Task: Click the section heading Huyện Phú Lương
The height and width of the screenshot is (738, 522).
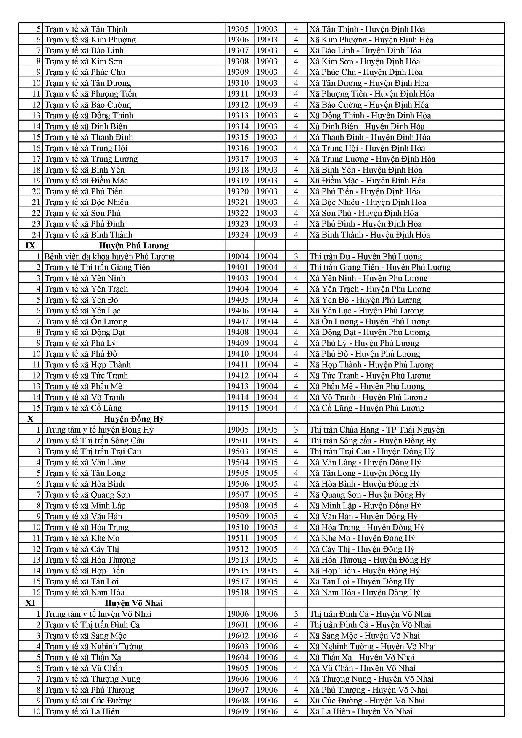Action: pos(134,246)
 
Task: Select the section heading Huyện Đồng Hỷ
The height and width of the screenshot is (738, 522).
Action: pos(134,419)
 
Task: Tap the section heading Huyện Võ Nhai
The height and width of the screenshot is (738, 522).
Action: pos(134,603)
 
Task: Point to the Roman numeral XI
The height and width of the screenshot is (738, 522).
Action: pos(30,603)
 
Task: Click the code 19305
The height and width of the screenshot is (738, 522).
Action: pos(238,29)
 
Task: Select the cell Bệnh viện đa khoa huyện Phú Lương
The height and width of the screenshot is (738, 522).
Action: pos(109,257)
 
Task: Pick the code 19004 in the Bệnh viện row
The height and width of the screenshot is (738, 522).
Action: pos(238,257)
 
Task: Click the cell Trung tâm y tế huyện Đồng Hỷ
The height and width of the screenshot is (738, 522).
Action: pos(99,430)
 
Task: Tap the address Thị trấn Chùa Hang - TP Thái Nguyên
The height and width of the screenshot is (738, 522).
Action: pos(377,430)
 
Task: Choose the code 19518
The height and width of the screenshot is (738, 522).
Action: pos(238,592)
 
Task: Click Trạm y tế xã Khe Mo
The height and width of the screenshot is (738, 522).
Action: pos(82,538)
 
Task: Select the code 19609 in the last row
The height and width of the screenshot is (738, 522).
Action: pos(238,711)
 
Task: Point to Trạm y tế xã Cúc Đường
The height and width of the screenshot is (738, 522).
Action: pos(88,701)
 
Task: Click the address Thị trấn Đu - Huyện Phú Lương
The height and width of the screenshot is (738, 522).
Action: pos(366,257)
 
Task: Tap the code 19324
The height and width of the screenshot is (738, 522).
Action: pos(238,235)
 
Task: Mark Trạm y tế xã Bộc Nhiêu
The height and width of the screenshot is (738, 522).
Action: pos(87,202)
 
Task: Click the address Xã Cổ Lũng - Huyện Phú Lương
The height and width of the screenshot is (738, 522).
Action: pos(367,408)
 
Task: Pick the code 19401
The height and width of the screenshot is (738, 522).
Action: pos(238,267)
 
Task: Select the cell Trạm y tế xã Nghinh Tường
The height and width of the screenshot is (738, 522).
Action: pos(93,647)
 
